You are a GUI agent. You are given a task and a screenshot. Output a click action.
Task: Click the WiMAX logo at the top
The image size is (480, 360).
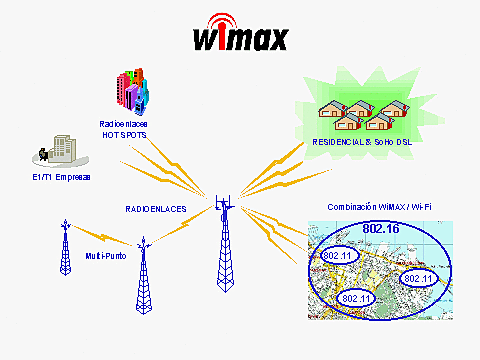click(x=240, y=36)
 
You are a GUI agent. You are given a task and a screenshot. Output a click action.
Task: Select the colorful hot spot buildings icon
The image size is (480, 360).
click(x=132, y=91)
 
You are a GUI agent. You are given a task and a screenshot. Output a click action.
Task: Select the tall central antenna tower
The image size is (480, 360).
click(x=225, y=250)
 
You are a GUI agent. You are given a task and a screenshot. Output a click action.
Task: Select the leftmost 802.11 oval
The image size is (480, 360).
click(x=340, y=257)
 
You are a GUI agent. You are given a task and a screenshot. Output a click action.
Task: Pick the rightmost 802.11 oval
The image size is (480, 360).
click(x=417, y=278)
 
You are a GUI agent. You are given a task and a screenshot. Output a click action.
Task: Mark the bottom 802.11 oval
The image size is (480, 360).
click(x=357, y=298)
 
